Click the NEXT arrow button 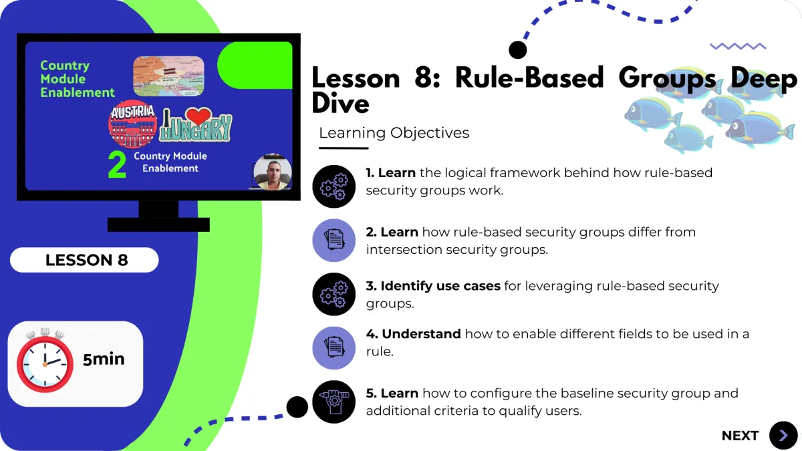783,436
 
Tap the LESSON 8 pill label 86,260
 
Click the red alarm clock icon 45,361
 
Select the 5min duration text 104,359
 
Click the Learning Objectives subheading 394,133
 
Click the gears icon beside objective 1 333,186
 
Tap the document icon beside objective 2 333,240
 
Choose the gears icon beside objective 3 333,294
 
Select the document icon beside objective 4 333,347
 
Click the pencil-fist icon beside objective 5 333,401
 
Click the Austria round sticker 132,123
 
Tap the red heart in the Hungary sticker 198,116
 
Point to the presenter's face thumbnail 273,172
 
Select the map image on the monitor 168,76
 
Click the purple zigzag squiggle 738,46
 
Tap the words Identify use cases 440,286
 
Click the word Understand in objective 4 421,333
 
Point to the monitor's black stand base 158,224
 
